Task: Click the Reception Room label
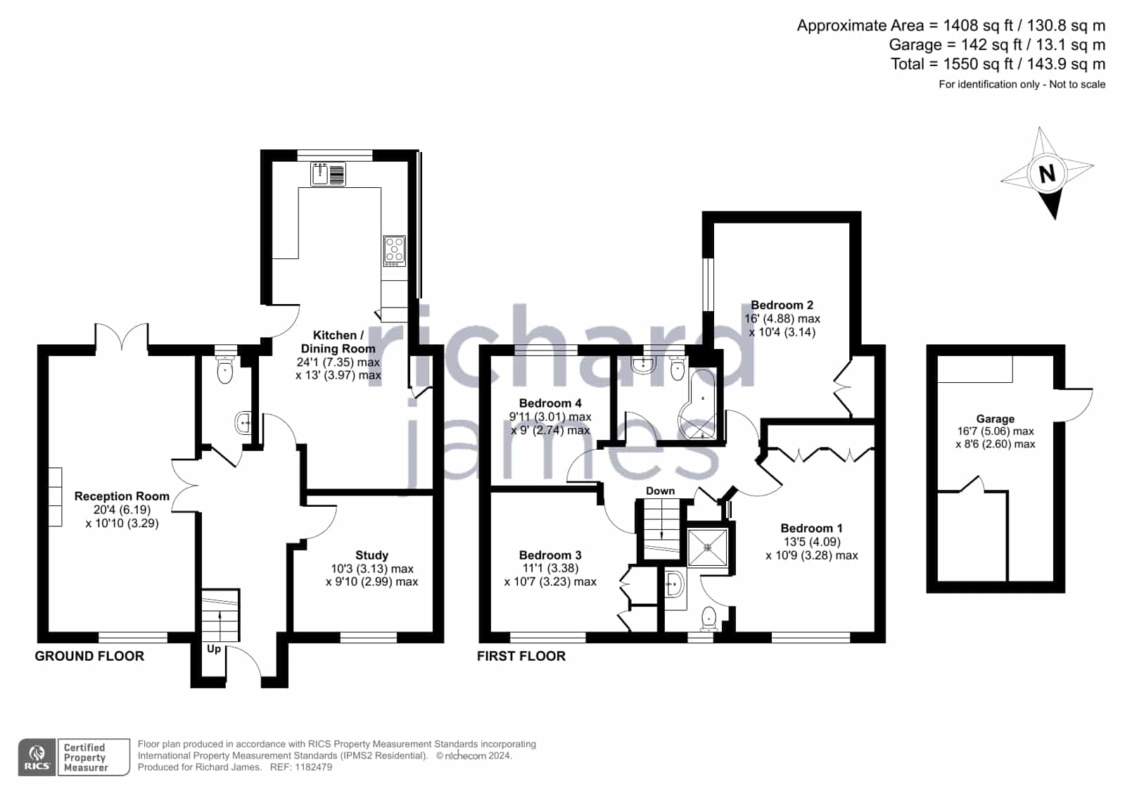[122, 496]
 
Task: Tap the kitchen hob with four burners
[395, 251]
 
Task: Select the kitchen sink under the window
[328, 175]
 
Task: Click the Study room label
[371, 555]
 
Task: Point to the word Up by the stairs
[214, 650]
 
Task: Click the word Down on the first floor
[661, 491]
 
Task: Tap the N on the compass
[1047, 174]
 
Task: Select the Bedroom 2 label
[782, 305]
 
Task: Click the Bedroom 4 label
[550, 403]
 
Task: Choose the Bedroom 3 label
[550, 555]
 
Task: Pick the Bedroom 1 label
[812, 528]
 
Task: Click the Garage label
[996, 419]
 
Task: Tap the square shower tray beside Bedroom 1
[708, 547]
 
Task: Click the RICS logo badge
[37, 757]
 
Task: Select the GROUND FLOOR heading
[89, 656]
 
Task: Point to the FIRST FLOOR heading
[521, 656]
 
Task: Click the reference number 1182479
[314, 767]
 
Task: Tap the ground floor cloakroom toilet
[225, 369]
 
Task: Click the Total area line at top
[998, 64]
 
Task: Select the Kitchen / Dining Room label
[338, 342]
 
